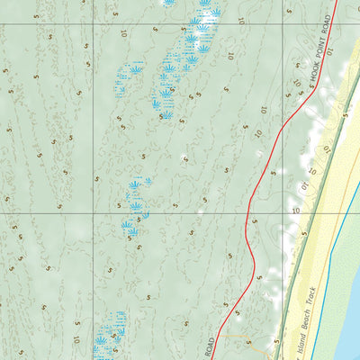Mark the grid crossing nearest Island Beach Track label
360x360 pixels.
pyautogui.click(x=283, y=214)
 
